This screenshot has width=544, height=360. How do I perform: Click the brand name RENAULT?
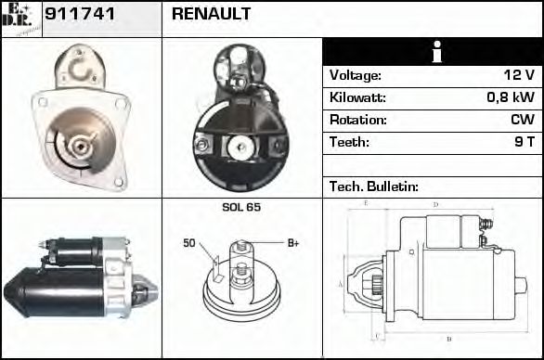click(211, 15)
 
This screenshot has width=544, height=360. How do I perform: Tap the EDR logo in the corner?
click(21, 19)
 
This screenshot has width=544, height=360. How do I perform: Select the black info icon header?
click(432, 52)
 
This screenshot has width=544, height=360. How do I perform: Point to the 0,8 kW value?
click(511, 97)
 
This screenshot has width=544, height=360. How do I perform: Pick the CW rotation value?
click(522, 120)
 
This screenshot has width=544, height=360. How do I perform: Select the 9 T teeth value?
click(524, 142)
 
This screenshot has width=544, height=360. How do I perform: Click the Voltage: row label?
click(356, 75)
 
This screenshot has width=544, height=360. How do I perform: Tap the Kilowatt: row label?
click(357, 97)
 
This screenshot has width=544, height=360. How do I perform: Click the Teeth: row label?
click(350, 142)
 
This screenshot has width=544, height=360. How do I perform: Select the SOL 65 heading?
click(241, 207)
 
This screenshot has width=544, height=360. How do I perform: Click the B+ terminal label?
click(293, 243)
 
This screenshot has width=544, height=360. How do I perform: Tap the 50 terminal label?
click(188, 243)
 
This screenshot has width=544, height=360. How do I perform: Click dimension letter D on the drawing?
click(435, 204)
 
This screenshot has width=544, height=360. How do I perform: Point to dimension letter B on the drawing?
click(449, 339)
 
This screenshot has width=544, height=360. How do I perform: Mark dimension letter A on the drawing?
click(340, 283)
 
